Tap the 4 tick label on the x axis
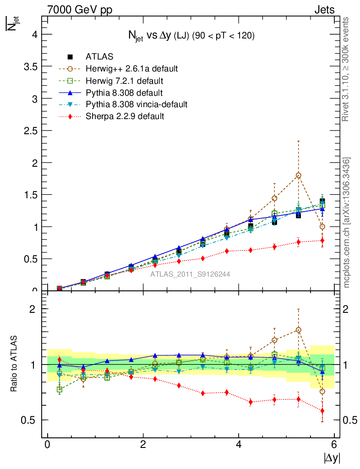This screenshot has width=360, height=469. coord(239,445)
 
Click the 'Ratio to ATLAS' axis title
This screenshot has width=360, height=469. coord(15,364)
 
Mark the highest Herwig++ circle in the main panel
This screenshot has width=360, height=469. coord(299,175)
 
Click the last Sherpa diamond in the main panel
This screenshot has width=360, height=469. coord(322,240)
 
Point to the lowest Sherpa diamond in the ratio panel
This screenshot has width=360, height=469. coord(322,411)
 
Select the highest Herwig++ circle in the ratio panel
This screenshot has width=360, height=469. coord(299,330)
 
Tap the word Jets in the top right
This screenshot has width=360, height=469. coord(324,10)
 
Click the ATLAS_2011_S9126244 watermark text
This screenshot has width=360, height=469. coord(190,274)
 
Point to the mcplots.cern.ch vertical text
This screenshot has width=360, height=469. coord(347,223)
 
